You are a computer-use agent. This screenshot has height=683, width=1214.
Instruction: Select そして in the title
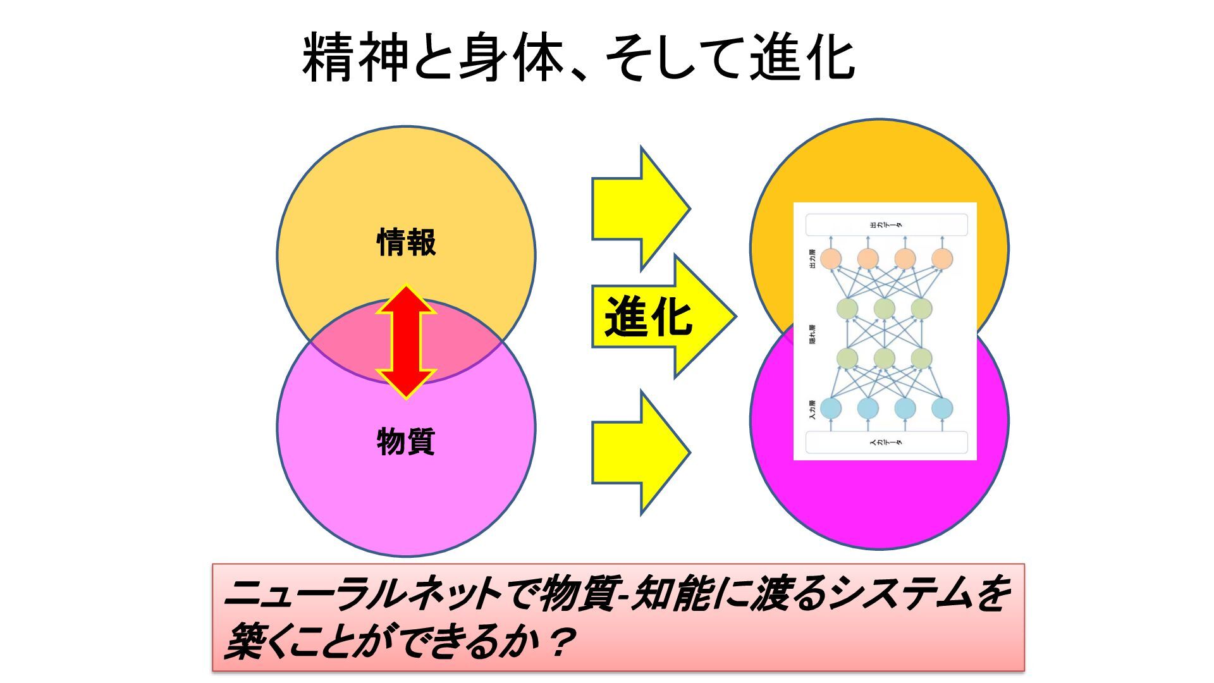tap(673, 58)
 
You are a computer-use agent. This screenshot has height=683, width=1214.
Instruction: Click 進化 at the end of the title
tap(802, 58)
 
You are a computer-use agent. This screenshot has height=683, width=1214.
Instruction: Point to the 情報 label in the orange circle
tap(406, 243)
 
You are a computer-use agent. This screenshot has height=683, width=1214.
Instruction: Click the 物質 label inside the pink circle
tap(406, 441)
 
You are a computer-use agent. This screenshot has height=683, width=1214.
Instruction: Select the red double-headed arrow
tap(406, 341)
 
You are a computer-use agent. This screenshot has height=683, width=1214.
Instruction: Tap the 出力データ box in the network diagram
tap(886, 225)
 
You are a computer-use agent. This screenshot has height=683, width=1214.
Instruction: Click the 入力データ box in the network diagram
tap(886, 442)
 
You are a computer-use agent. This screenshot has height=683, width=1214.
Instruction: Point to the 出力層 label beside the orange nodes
tap(812, 259)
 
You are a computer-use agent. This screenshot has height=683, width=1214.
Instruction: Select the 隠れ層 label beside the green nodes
tap(812, 334)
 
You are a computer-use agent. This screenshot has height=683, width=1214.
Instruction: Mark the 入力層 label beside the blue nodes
tap(812, 409)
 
